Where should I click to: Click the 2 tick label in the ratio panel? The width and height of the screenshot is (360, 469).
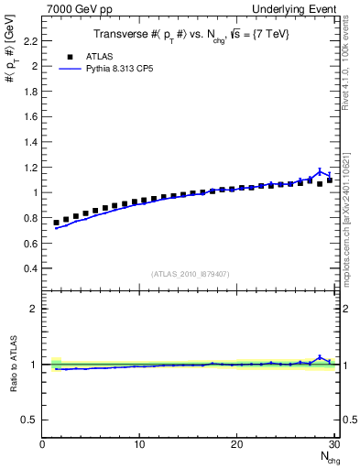33,309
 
